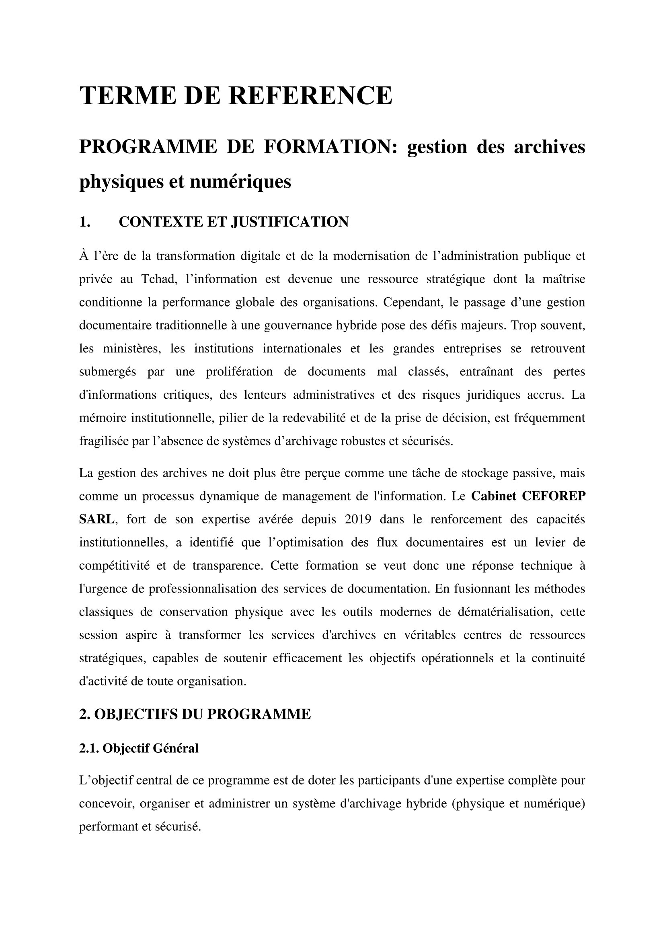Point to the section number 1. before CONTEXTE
coord(84,222)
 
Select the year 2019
coord(357,519)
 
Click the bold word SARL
coord(96,519)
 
